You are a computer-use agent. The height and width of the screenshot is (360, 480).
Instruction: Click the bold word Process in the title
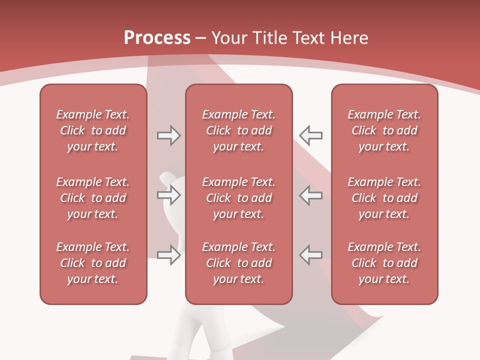point(157,38)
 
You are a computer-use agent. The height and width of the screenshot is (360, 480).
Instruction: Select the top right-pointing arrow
point(168,135)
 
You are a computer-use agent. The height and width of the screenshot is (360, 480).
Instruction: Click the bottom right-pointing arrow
point(168,255)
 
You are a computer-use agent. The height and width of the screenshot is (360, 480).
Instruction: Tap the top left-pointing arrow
point(310,135)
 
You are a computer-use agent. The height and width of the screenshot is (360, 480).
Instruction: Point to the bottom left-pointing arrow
point(310,255)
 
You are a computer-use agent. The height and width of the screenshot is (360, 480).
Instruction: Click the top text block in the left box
point(93,130)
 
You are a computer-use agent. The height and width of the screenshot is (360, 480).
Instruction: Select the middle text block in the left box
point(93,198)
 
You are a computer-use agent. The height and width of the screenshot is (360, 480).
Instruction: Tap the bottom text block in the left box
point(93,263)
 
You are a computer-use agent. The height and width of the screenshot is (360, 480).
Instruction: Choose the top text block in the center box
point(238,130)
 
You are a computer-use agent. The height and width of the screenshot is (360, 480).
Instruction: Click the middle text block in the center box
point(238,198)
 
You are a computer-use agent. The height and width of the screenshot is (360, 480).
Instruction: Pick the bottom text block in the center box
point(238,263)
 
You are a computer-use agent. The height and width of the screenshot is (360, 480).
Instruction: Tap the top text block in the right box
point(384,130)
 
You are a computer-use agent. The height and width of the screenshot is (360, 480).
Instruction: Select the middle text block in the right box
point(384,198)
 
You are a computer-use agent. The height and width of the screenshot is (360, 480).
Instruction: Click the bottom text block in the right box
point(384,263)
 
